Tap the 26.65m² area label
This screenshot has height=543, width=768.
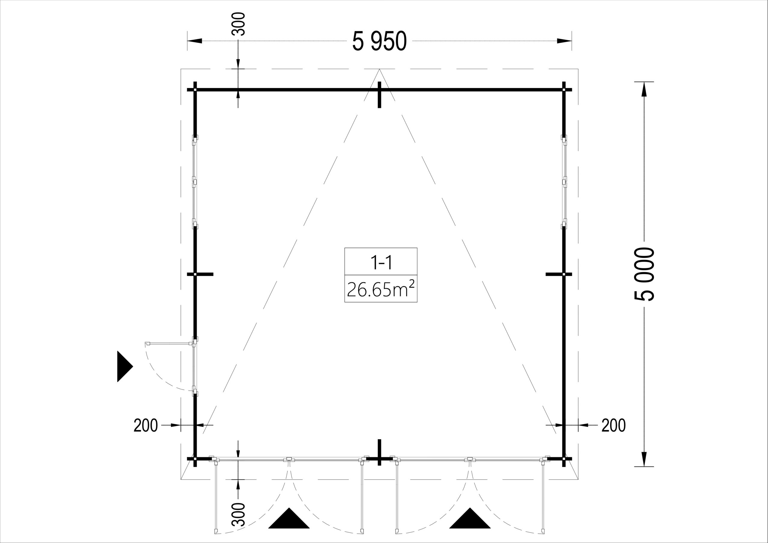coord(381,289)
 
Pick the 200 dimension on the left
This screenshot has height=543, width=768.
coord(145,426)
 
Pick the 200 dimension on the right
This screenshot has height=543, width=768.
coord(613,426)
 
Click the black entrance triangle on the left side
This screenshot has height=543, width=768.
coord(125,367)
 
